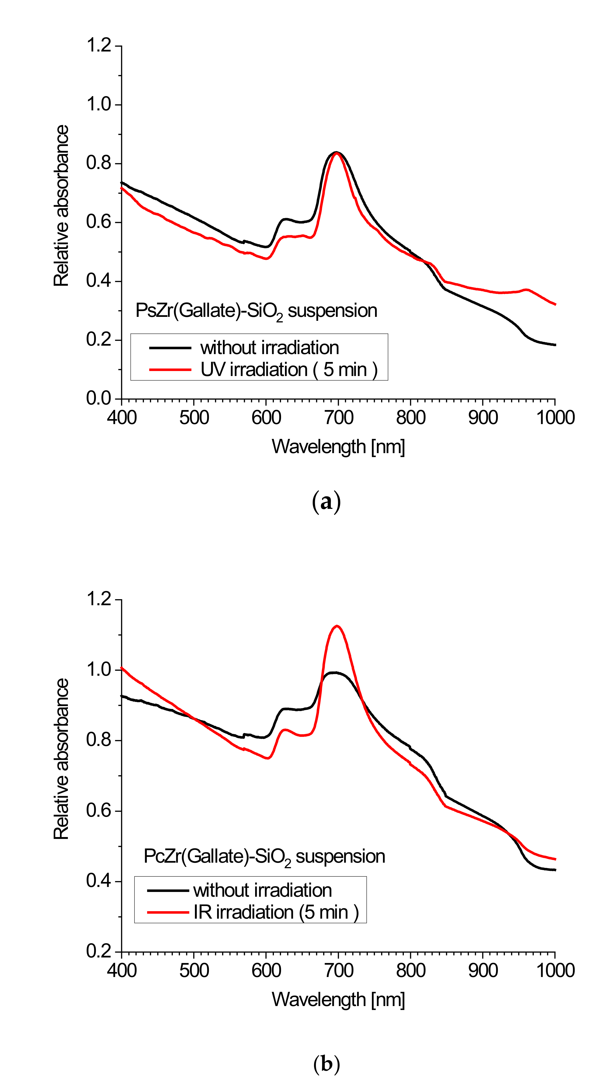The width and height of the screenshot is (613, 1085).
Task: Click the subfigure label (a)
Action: coord(326,502)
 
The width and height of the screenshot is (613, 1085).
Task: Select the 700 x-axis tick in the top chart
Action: coord(338,418)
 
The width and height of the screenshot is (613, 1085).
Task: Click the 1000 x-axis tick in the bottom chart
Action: coord(555,970)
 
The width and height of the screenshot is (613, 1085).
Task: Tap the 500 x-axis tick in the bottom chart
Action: coord(194,970)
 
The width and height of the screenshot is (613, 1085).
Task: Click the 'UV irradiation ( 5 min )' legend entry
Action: coord(289,369)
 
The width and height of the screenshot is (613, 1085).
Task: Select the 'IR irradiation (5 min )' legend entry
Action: coord(276,912)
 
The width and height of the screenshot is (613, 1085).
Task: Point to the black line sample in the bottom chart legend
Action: coord(168,890)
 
